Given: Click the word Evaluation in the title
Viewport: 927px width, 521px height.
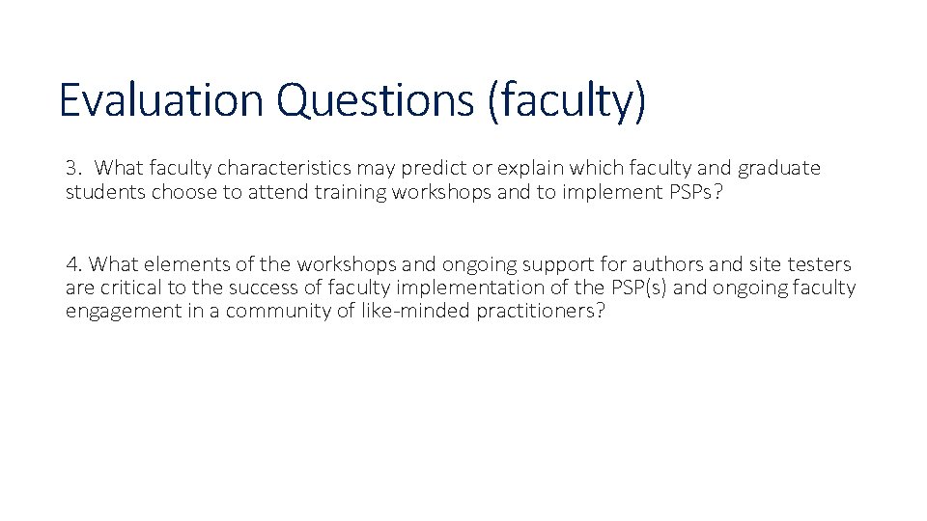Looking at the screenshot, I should (159, 100).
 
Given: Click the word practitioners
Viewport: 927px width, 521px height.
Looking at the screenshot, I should (541, 312).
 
